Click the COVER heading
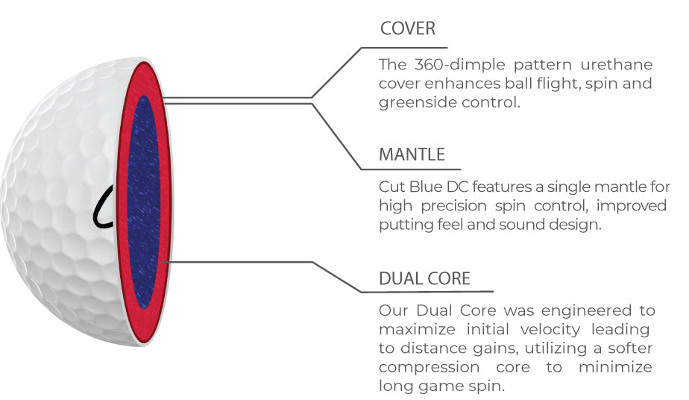tap(407, 28)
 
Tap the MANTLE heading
tap(412, 154)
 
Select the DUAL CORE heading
tap(424, 278)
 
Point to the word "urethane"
tap(617, 65)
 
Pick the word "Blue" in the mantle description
tap(425, 187)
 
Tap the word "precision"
tap(454, 206)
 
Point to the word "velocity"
tap(550, 329)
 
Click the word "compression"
tap(429, 367)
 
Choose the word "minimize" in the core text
tap(615, 367)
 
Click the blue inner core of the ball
tap(143, 202)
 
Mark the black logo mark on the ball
tap(103, 207)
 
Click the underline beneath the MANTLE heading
tap(410, 169)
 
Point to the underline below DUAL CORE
tap(427, 292)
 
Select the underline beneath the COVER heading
tap(404, 48)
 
